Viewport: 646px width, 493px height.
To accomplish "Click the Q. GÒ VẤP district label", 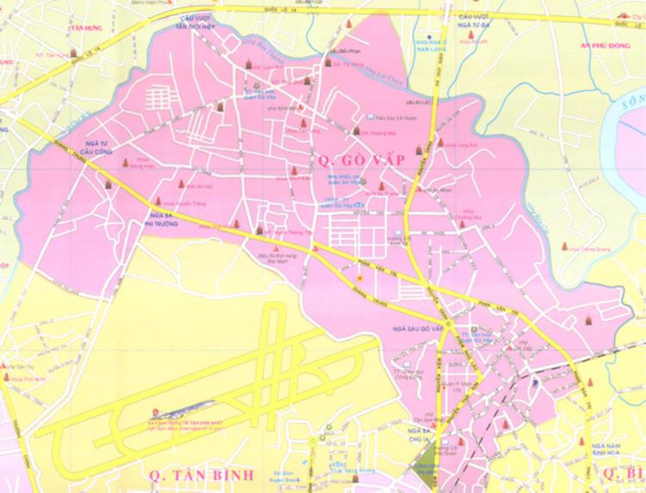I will pyautogui.click(x=350, y=159).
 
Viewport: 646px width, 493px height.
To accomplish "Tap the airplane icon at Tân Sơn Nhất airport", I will pyautogui.click(x=156, y=411).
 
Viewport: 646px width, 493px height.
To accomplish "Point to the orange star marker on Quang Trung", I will pyautogui.click(x=361, y=280).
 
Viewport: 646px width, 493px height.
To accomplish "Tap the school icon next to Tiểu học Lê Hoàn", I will pyautogui.click(x=370, y=116).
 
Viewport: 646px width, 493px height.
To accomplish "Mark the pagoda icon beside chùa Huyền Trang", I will pyautogui.click(x=183, y=184).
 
